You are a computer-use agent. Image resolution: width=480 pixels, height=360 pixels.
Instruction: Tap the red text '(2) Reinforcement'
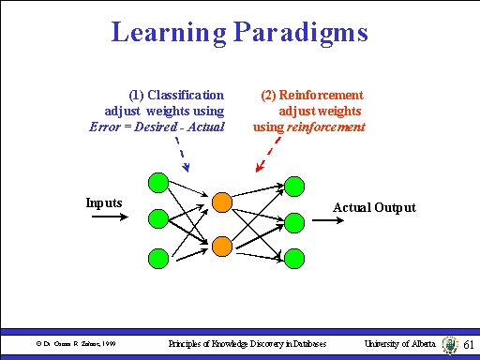point(312,95)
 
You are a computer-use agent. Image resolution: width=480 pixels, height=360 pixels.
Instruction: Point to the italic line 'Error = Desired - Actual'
point(157,127)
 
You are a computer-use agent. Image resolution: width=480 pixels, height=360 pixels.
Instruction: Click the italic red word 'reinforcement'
point(326,127)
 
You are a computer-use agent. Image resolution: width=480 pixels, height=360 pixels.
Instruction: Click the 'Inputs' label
point(104,202)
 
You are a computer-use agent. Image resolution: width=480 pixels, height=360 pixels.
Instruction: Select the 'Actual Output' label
point(374,207)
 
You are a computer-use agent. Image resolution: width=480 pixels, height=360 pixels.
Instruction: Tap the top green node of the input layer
point(158,182)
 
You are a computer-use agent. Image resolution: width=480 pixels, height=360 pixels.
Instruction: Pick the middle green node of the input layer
point(158,218)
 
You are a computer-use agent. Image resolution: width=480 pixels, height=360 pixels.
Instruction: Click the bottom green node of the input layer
point(158,257)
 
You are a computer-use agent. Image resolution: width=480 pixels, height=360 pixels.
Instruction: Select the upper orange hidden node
point(221,202)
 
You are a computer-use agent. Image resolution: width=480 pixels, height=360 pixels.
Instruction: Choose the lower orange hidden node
point(221,246)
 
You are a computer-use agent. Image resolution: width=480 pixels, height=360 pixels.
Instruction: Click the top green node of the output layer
point(293,184)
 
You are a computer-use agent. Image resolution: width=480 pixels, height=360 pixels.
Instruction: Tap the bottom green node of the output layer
point(293,257)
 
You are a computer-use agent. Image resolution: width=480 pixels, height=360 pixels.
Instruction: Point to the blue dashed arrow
point(183,155)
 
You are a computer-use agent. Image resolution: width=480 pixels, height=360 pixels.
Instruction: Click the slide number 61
point(469,345)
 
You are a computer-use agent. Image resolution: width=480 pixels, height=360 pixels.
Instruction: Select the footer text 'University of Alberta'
point(400,344)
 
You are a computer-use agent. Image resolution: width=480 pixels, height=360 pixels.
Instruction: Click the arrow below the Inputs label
point(110,218)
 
